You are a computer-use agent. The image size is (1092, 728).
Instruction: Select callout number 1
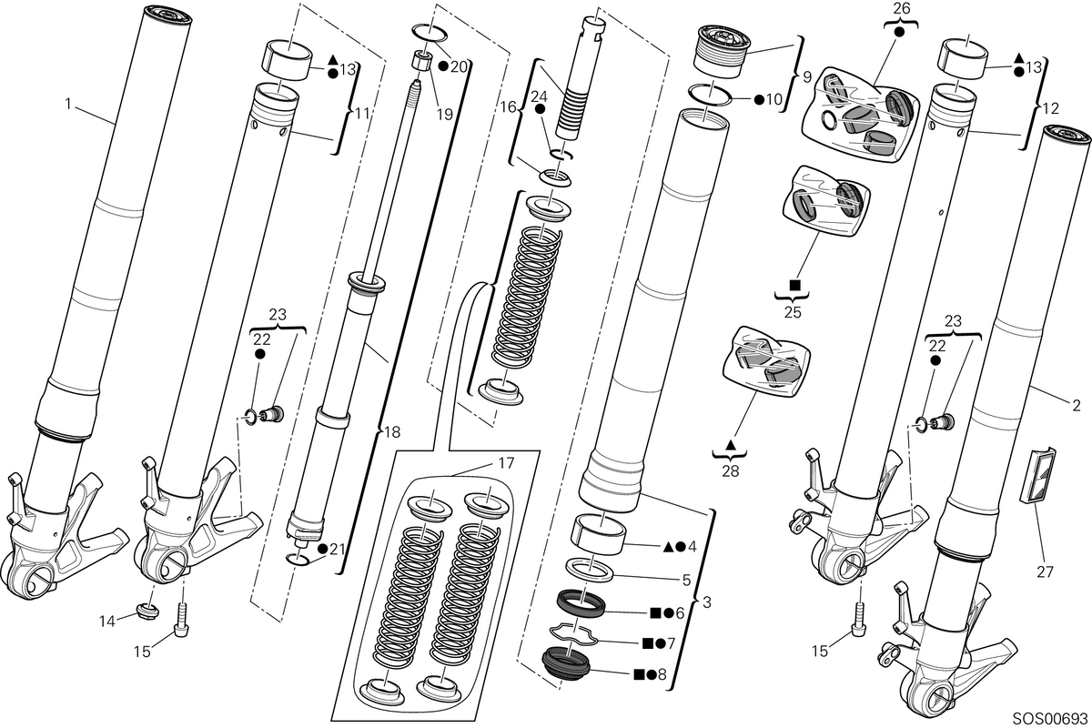click(x=68, y=104)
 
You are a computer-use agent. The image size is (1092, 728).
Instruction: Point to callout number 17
click(x=507, y=463)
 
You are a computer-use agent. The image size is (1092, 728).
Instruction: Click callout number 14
click(x=107, y=622)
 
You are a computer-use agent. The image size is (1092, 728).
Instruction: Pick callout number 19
click(x=445, y=114)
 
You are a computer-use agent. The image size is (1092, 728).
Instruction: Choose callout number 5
click(x=686, y=580)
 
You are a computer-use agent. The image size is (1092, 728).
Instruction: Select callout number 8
click(x=662, y=675)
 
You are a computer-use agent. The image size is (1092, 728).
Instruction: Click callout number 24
click(x=540, y=96)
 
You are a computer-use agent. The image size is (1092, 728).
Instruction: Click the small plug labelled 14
click(x=147, y=611)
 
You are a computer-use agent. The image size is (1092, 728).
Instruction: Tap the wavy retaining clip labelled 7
click(x=574, y=636)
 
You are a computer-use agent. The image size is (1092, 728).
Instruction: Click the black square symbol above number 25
click(x=795, y=284)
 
